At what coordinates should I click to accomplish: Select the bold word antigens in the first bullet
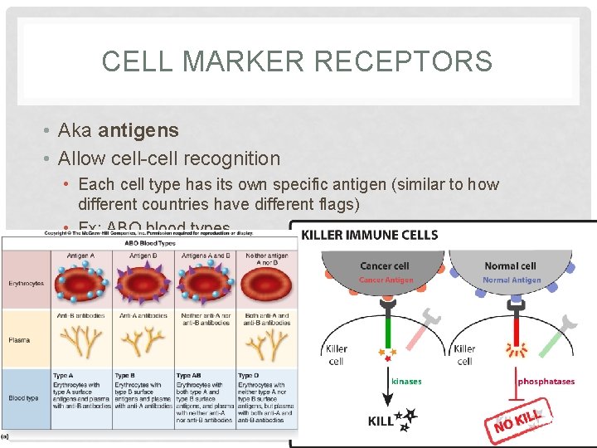(138, 130)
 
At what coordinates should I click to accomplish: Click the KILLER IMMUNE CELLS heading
(370, 236)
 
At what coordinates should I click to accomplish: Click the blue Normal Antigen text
(512, 280)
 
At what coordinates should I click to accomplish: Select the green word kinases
(406, 382)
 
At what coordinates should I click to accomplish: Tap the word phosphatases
(546, 382)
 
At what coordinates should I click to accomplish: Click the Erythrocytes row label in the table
(26, 284)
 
